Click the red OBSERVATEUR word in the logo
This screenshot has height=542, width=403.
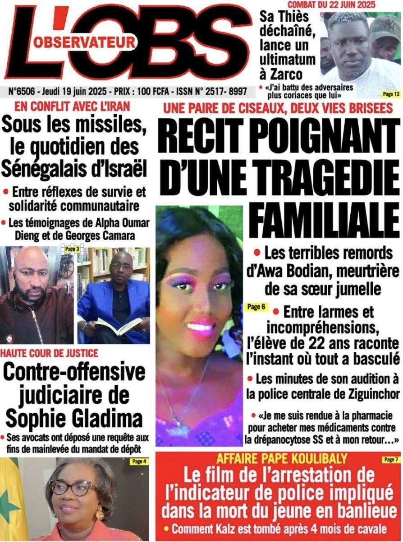pyautogui.click(x=84, y=42)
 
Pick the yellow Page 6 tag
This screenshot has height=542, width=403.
pyautogui.click(x=256, y=307)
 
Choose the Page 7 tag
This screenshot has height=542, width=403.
pyautogui.click(x=390, y=460)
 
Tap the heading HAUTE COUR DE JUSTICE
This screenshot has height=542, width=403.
pyautogui.click(x=49, y=353)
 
